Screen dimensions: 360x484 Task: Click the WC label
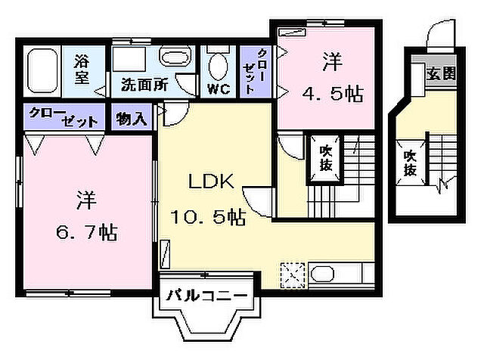[219, 88]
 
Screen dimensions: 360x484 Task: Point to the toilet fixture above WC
[219, 64]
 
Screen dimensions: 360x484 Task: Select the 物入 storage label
[132, 119]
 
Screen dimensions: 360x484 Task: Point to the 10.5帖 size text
[207, 219]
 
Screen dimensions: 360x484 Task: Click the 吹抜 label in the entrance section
[409, 161]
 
